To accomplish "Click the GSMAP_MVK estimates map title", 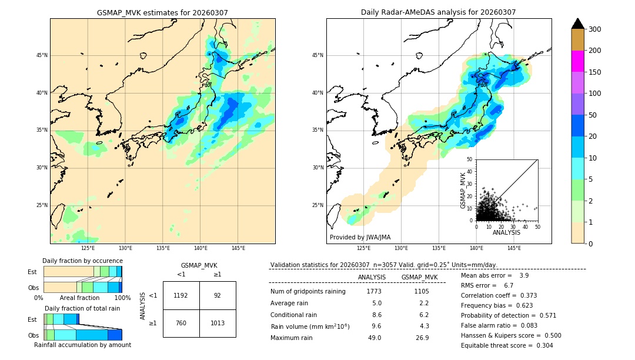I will click(x=162, y=12).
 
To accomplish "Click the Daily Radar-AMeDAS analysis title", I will click(x=438, y=12).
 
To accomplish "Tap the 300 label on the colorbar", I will click(x=594, y=29).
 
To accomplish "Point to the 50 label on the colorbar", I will click(x=592, y=115).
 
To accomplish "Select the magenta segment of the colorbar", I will click(x=578, y=61).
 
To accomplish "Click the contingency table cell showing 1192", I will click(x=181, y=295).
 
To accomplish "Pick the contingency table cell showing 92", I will click(x=218, y=295).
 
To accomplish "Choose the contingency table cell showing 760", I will click(x=181, y=323).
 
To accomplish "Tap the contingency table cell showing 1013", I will click(x=218, y=323).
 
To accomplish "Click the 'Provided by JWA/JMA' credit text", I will click(x=360, y=238).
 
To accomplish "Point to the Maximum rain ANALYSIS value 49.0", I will click(x=375, y=338).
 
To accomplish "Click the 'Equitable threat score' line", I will click(x=507, y=345).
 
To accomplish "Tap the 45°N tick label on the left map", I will click(x=42, y=55).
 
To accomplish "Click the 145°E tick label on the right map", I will click(x=514, y=248).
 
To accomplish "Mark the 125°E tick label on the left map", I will click(x=88, y=248).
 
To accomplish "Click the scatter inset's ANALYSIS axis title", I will click(x=506, y=232).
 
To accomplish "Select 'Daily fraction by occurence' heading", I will click(x=82, y=261).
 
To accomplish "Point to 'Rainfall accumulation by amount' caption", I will click(x=82, y=345).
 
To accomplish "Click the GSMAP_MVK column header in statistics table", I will click(x=419, y=277).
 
